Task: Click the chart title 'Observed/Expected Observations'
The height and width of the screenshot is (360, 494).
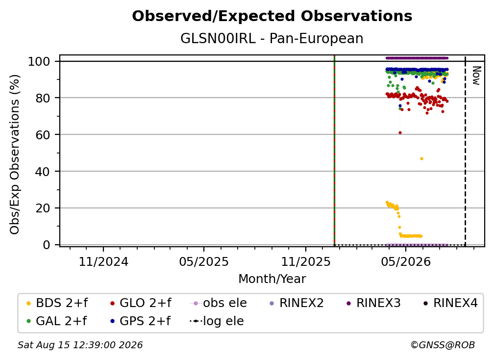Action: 272,16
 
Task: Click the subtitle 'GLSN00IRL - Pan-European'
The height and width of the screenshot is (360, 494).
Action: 272,38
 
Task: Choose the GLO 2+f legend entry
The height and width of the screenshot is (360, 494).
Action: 141,303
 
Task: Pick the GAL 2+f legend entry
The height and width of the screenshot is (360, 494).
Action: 57,321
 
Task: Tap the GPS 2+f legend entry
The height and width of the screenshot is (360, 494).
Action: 141,321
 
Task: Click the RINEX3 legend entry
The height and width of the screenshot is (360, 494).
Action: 373,303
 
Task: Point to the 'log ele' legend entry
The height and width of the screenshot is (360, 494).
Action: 217,321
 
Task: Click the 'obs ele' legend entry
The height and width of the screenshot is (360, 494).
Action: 219,303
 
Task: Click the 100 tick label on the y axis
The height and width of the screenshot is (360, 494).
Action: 39,61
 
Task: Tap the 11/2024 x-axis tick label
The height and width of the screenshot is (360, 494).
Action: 103,262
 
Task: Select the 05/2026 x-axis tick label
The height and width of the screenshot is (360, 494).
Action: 406,262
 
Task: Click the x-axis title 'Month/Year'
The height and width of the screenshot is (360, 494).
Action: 272,279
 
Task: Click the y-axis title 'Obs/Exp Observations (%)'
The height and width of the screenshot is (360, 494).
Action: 15,154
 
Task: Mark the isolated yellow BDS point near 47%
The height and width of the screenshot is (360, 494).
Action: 421,158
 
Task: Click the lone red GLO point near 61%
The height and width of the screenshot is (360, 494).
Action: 400,133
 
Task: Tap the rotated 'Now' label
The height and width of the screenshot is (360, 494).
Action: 476,76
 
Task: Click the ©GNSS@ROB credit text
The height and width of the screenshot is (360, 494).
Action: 443,345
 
